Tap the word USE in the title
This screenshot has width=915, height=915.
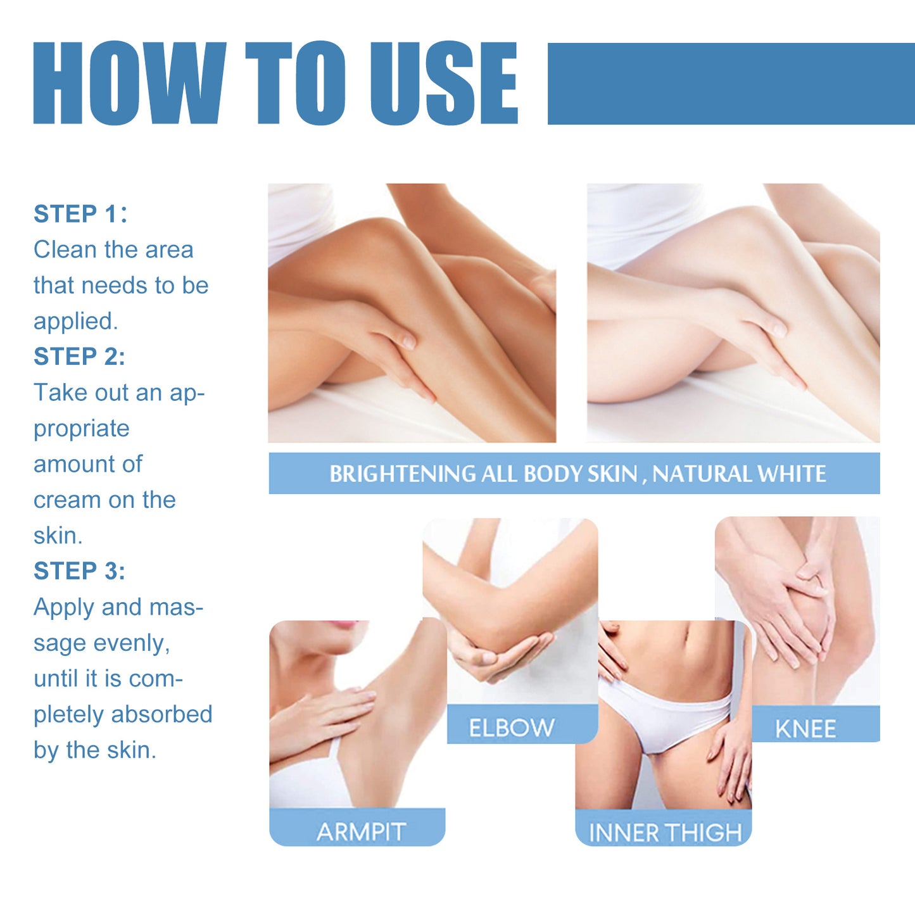pyautogui.click(x=444, y=83)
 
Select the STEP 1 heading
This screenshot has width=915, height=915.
pyautogui.click(x=80, y=214)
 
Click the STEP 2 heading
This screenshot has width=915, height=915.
pyautogui.click(x=79, y=357)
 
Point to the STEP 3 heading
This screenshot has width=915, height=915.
pyautogui.click(x=79, y=571)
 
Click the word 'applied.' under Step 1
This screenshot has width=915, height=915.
pyautogui.click(x=76, y=322)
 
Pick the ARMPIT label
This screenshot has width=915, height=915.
pyautogui.click(x=361, y=831)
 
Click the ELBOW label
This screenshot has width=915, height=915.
pyautogui.click(x=512, y=728)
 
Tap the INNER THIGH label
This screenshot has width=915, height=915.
pyautogui.click(x=665, y=833)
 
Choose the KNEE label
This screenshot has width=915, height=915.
pyautogui.click(x=805, y=729)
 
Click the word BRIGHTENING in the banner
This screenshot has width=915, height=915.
pyautogui.click(x=403, y=474)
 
